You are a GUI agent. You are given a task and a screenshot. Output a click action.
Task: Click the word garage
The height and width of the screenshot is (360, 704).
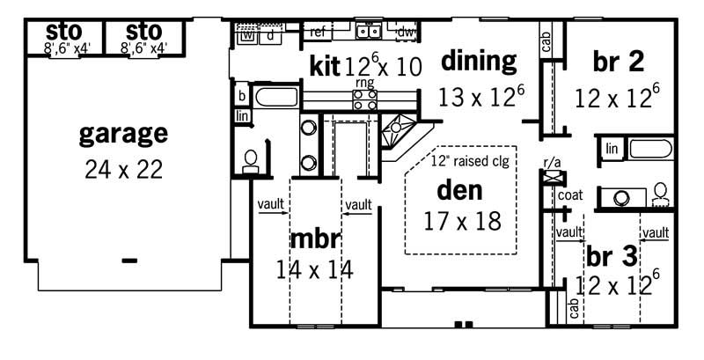[x=123, y=134]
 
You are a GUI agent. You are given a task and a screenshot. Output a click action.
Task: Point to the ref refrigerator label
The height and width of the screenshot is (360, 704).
[x=319, y=33]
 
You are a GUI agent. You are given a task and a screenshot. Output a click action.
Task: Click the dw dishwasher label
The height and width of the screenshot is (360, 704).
[x=405, y=33]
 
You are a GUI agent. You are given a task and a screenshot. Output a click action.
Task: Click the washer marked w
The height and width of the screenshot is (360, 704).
[x=247, y=36]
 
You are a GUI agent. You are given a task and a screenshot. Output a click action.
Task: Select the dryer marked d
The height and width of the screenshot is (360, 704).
[x=269, y=36]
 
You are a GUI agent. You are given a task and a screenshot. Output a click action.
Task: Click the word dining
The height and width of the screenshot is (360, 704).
[x=478, y=61]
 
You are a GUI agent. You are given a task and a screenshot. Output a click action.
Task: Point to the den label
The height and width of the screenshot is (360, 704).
[x=462, y=189]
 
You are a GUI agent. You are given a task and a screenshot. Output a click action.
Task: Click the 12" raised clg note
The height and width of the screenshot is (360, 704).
[x=473, y=160]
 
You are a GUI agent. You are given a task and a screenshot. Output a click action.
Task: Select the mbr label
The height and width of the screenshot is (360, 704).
[x=314, y=239]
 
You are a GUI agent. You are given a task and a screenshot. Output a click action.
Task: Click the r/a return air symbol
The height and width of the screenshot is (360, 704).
[x=552, y=174]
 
